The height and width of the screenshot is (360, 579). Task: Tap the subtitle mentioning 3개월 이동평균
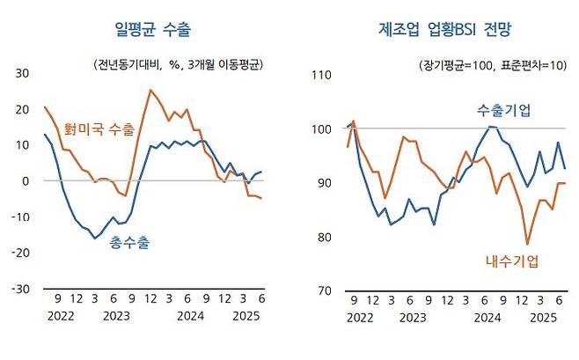pyautogui.click(x=180, y=64)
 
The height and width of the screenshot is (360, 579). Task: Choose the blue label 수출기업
pyautogui.click(x=504, y=111)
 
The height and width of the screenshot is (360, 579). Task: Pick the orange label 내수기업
pyautogui.click(x=511, y=261)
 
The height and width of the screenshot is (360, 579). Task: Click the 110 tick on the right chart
pyautogui.click(x=320, y=75)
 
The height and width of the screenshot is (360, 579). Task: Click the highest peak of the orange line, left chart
pyautogui.click(x=150, y=91)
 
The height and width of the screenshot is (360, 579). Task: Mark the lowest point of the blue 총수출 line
pyautogui.click(x=94, y=238)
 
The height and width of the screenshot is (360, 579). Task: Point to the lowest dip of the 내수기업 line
pyautogui.click(x=527, y=244)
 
